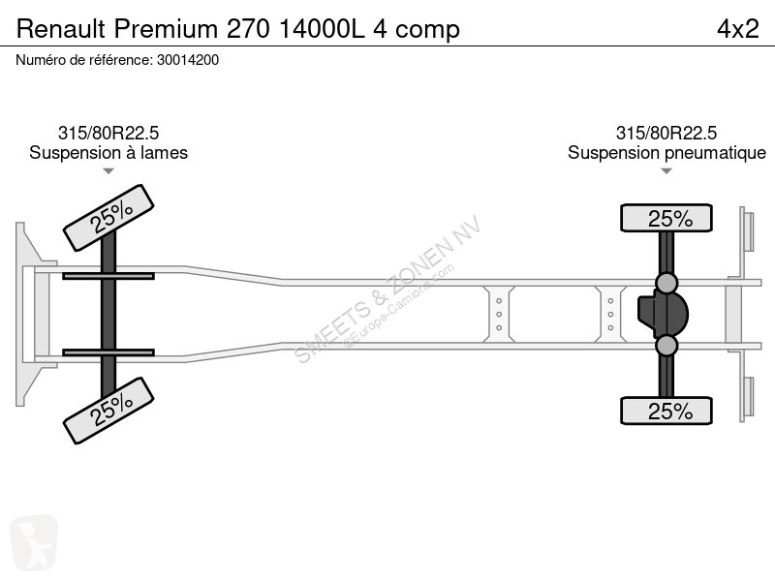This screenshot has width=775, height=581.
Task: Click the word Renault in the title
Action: pyautogui.click(x=61, y=29)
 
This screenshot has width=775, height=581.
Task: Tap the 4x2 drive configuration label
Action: pyautogui.click(x=737, y=29)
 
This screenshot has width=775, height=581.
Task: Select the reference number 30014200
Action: pyautogui.click(x=188, y=60)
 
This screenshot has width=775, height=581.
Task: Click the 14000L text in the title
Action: pyautogui.click(x=322, y=29)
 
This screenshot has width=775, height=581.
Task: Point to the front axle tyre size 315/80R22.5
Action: pyautogui.click(x=108, y=133)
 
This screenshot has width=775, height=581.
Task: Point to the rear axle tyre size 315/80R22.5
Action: pyautogui.click(x=666, y=133)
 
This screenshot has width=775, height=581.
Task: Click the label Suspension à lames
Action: pyautogui.click(x=108, y=153)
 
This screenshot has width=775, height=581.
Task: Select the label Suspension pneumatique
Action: pyautogui.click(x=666, y=153)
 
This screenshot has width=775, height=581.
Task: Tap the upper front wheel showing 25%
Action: pyautogui.click(x=108, y=218)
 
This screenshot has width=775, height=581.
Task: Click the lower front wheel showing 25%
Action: pyautogui.click(x=108, y=411)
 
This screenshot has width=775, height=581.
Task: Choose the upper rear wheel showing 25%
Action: pyautogui.click(x=666, y=218)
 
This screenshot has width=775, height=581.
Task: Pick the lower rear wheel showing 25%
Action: pyautogui.click(x=666, y=411)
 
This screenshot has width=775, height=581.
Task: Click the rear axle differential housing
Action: pyautogui.click(x=664, y=314)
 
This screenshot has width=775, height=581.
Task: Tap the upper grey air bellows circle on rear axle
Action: pyautogui.click(x=666, y=283)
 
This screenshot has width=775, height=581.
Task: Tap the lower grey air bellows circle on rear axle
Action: pyautogui.click(x=666, y=346)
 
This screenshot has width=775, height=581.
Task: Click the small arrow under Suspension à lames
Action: pyautogui.click(x=108, y=171)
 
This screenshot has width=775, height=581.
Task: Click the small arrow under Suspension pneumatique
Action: pyautogui.click(x=666, y=171)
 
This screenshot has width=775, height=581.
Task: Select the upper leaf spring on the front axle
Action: pyautogui.click(x=108, y=276)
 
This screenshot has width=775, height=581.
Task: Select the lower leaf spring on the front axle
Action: pyautogui.click(x=108, y=352)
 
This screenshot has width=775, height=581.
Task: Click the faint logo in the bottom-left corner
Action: pyautogui.click(x=34, y=543)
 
